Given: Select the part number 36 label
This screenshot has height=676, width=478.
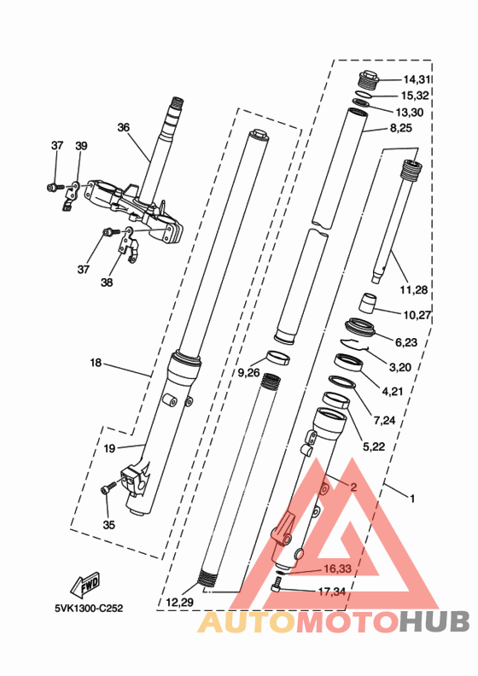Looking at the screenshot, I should click(124, 127).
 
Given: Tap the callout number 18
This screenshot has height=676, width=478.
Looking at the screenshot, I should click(96, 363).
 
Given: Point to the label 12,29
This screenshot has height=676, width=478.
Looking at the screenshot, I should click(179, 603).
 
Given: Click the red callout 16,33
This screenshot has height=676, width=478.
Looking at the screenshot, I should click(335, 568).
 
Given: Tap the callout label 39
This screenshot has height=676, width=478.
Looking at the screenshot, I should click(82, 146).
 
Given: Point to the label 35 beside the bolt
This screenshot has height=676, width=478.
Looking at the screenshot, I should click(108, 524).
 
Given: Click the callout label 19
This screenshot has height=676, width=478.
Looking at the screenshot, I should click(109, 447).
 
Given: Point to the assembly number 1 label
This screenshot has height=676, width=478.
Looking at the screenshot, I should click(412, 497).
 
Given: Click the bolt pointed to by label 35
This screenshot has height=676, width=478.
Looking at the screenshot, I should click(107, 489).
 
